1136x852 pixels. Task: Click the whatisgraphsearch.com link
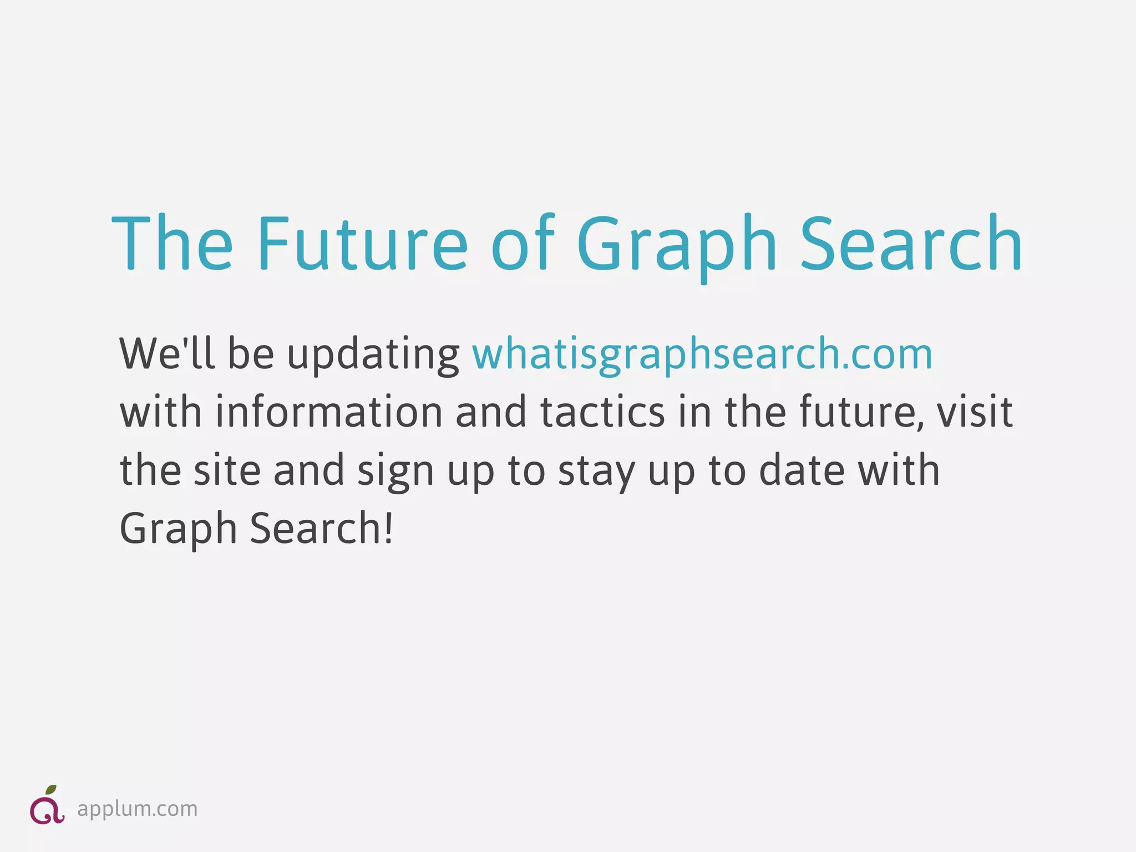point(702,354)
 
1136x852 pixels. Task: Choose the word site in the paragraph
point(227,470)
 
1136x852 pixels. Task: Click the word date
point(801,470)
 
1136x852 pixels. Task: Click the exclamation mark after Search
point(388,528)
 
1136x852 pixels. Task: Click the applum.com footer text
point(137,809)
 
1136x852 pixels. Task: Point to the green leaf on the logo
point(51,790)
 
